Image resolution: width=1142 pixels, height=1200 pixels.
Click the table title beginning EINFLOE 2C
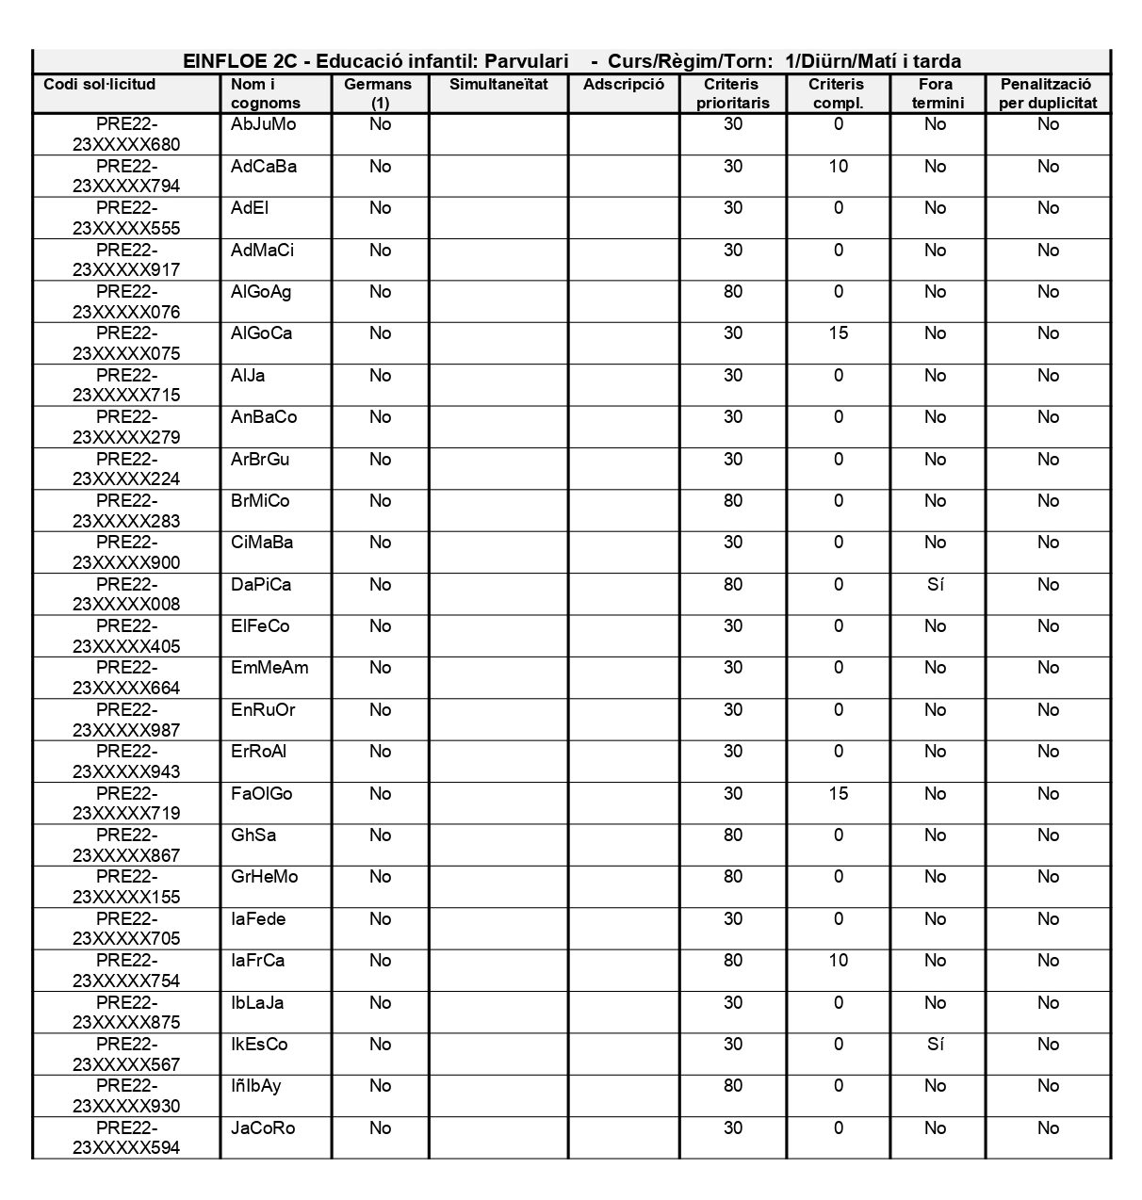click(572, 61)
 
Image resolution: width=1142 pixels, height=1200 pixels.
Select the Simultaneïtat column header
click(498, 85)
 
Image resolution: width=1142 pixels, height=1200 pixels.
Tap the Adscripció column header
click(624, 85)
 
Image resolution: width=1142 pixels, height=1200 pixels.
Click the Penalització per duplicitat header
click(1048, 93)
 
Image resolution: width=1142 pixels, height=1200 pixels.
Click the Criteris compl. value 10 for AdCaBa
click(838, 167)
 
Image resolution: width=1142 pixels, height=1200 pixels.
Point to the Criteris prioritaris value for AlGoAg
click(733, 292)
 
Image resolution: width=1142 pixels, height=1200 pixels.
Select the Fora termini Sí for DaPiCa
click(935, 585)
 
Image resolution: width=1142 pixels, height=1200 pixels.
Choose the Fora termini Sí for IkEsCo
click(935, 1045)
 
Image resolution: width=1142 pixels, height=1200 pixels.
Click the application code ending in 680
click(126, 135)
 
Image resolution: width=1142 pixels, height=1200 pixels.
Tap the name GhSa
click(253, 835)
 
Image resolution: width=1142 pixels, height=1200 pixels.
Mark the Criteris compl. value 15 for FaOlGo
click(838, 794)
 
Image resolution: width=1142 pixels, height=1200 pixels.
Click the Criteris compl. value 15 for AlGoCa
click(838, 333)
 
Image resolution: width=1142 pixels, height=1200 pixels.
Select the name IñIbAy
click(256, 1086)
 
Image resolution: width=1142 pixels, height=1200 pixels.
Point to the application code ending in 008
click(126, 594)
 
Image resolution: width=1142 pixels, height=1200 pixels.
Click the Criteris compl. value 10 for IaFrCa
click(838, 961)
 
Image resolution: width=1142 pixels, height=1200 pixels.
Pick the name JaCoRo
click(263, 1128)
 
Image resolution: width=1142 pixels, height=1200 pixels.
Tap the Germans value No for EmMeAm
click(380, 668)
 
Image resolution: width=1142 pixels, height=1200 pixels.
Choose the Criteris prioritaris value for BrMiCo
click(733, 501)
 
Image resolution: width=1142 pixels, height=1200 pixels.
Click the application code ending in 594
click(126, 1138)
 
